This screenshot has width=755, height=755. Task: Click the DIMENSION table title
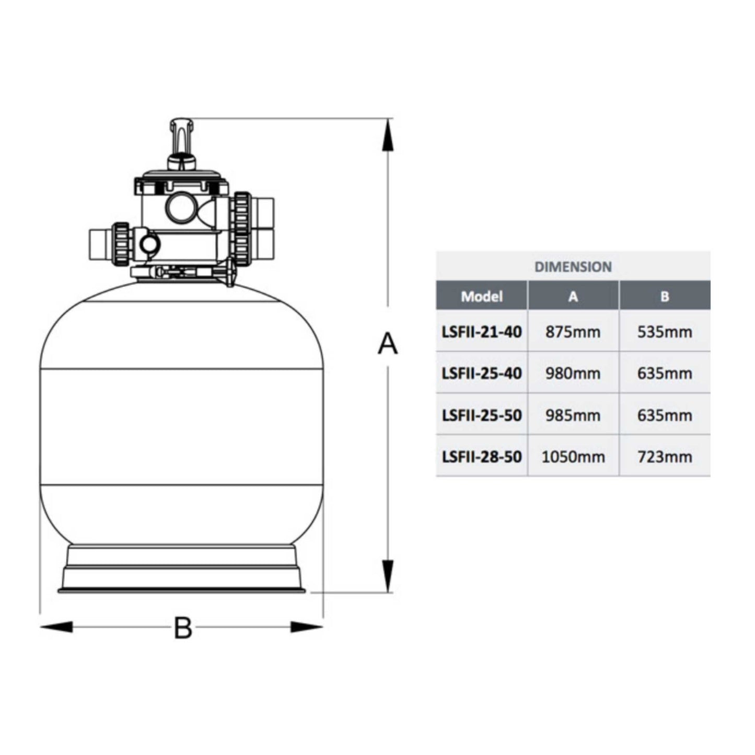pos(573,267)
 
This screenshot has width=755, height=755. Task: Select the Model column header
pos(482,296)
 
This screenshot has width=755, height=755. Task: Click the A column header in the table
pos(573,297)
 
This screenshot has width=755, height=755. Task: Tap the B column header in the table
pos(665,297)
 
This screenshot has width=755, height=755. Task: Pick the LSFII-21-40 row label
pos(482,332)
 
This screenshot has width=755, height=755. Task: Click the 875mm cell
pos(573,332)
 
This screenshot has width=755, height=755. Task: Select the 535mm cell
pos(665,332)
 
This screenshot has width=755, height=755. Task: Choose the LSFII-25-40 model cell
pos(482,374)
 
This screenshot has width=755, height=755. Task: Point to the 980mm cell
pos(573,374)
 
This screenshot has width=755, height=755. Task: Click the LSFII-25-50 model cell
pos(482,415)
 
